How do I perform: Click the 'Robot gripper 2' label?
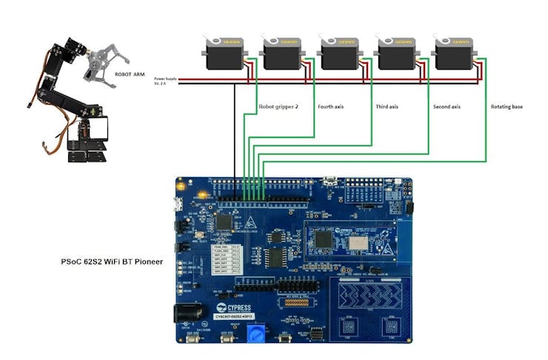pyautogui.click(x=278, y=107)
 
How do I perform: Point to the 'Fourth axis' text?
pyautogui.click(x=330, y=107)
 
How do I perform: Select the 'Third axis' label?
pyautogui.click(x=387, y=107)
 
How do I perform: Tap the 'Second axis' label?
pyautogui.click(x=447, y=107)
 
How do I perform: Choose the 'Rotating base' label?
pyautogui.click(x=507, y=107)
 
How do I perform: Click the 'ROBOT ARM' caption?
pyautogui.click(x=130, y=75)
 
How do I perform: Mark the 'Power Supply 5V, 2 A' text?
pyautogui.click(x=165, y=81)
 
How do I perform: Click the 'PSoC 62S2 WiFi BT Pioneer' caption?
pyautogui.click(x=112, y=262)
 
